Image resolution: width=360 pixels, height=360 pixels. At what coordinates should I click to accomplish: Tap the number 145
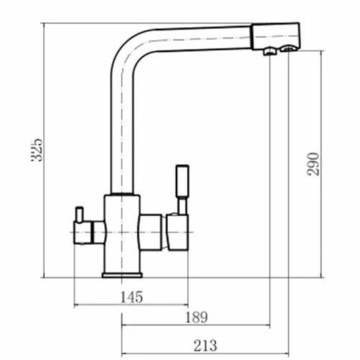pos(132,297)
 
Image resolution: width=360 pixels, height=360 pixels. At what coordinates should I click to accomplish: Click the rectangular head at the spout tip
pos(278,37)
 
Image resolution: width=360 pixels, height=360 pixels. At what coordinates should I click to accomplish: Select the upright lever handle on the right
pos(181,181)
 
